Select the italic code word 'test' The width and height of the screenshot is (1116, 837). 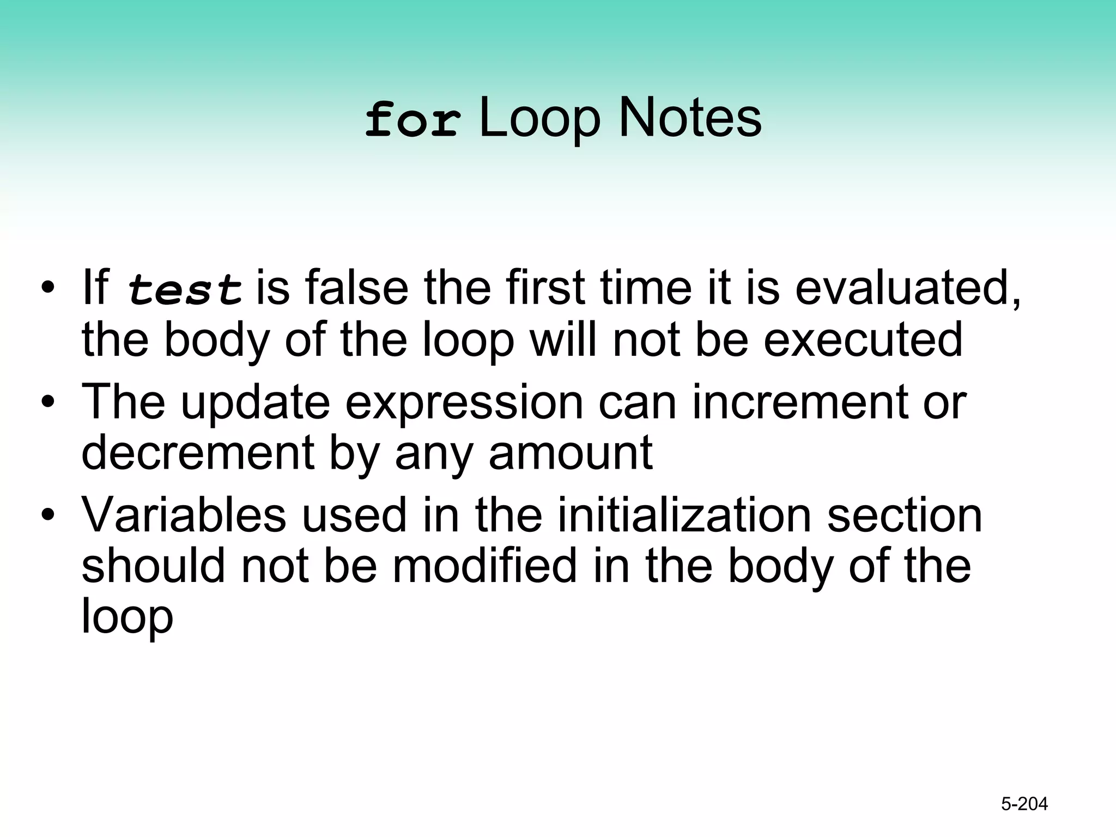point(185,289)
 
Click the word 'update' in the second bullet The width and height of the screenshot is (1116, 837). point(256,403)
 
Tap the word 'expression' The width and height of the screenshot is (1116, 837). point(464,403)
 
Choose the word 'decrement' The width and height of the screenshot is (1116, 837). point(198,453)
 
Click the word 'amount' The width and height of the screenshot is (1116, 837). point(571,453)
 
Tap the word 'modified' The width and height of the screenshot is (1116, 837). point(484,566)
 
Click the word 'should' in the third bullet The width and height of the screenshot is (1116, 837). point(153,566)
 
